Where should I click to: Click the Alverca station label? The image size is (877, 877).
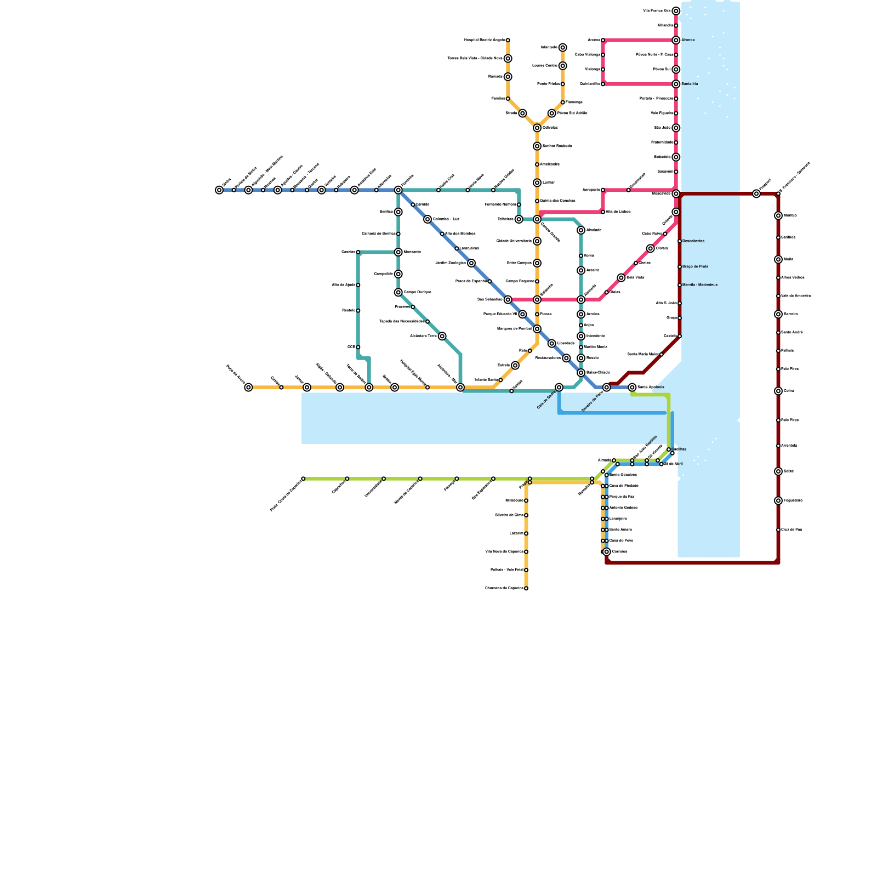pyautogui.click(x=688, y=40)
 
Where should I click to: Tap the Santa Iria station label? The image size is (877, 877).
pyautogui.click(x=690, y=84)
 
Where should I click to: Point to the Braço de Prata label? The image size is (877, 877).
pyautogui.click(x=695, y=266)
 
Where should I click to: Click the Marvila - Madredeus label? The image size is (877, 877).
pyautogui.click(x=700, y=285)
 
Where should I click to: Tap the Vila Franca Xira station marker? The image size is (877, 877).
pyautogui.click(x=676, y=11)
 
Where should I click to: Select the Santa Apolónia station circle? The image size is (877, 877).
pyautogui.click(x=632, y=388)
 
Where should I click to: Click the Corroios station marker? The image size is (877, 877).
pyautogui.click(x=606, y=552)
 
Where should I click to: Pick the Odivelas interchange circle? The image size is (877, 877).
pyautogui.click(x=537, y=128)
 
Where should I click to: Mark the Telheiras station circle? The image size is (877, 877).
pyautogui.click(x=519, y=219)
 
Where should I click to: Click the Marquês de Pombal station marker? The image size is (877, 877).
pyautogui.click(x=537, y=329)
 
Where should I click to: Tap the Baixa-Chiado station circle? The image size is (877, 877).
pyautogui.click(x=581, y=373)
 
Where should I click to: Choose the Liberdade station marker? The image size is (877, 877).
pyautogui.click(x=551, y=344)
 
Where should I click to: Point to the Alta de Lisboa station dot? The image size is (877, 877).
pyautogui.click(x=603, y=212)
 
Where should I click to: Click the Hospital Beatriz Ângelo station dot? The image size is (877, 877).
pyautogui.click(x=508, y=40)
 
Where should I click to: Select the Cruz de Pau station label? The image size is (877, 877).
pyautogui.click(x=791, y=530)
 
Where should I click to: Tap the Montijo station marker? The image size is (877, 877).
pyautogui.click(x=778, y=215)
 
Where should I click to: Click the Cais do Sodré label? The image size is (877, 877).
pyautogui.click(x=546, y=400)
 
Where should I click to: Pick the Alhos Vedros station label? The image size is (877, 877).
pyautogui.click(x=793, y=278)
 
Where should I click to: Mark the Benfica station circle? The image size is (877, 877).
pyautogui.click(x=398, y=212)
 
